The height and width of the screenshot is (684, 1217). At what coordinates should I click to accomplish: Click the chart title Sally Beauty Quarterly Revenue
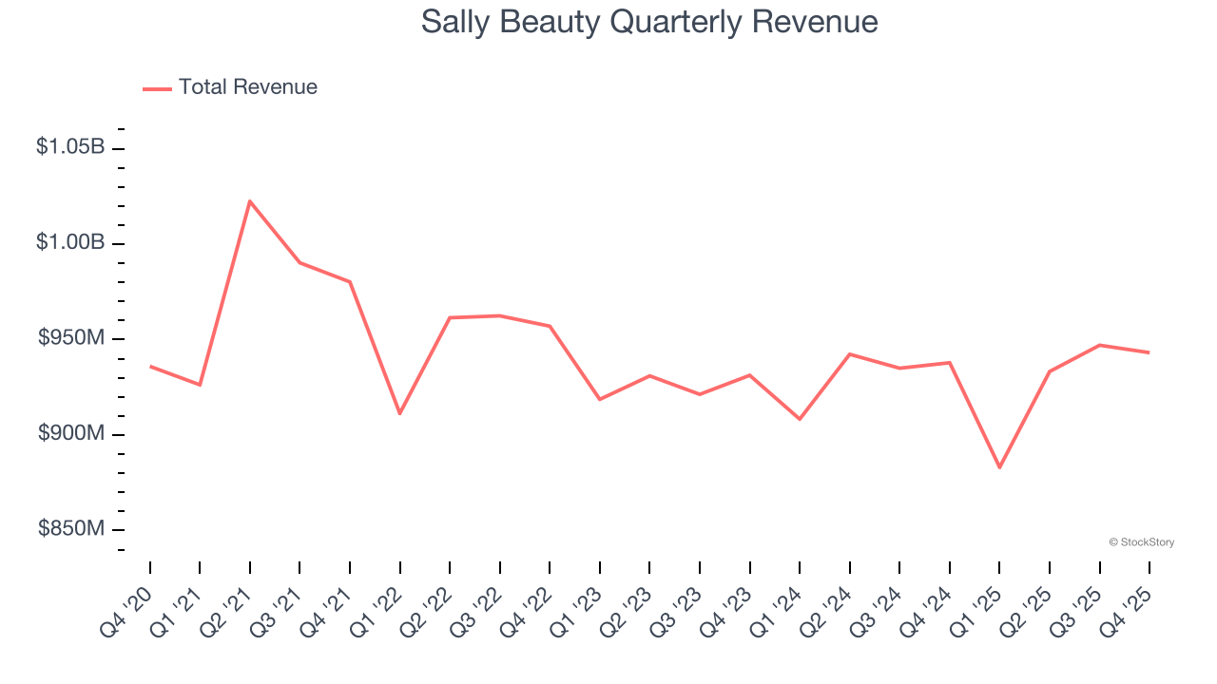tap(649, 22)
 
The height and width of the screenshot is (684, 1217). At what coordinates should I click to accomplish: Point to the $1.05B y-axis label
tap(70, 147)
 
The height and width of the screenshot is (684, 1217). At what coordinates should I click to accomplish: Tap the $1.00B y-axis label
tap(70, 242)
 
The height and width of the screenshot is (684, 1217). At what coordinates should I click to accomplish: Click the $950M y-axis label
tap(71, 337)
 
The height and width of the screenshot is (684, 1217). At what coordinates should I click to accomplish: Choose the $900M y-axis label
tap(71, 433)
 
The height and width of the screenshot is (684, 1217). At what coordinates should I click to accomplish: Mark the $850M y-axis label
tap(71, 528)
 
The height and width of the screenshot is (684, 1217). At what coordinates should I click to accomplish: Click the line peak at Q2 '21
tap(250, 200)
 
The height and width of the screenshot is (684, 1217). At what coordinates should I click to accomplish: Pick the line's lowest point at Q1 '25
tap(999, 467)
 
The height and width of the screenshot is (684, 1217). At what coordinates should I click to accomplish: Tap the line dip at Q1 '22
tap(399, 413)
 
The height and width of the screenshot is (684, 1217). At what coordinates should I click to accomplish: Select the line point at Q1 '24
tap(800, 419)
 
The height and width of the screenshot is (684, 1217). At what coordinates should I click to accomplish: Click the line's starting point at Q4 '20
tap(150, 366)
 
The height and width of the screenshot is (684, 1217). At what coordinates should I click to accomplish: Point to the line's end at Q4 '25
tap(1149, 352)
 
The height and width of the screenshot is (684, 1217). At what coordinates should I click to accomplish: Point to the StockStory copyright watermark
tap(1141, 542)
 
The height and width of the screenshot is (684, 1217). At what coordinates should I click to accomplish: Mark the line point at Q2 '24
tap(849, 353)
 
